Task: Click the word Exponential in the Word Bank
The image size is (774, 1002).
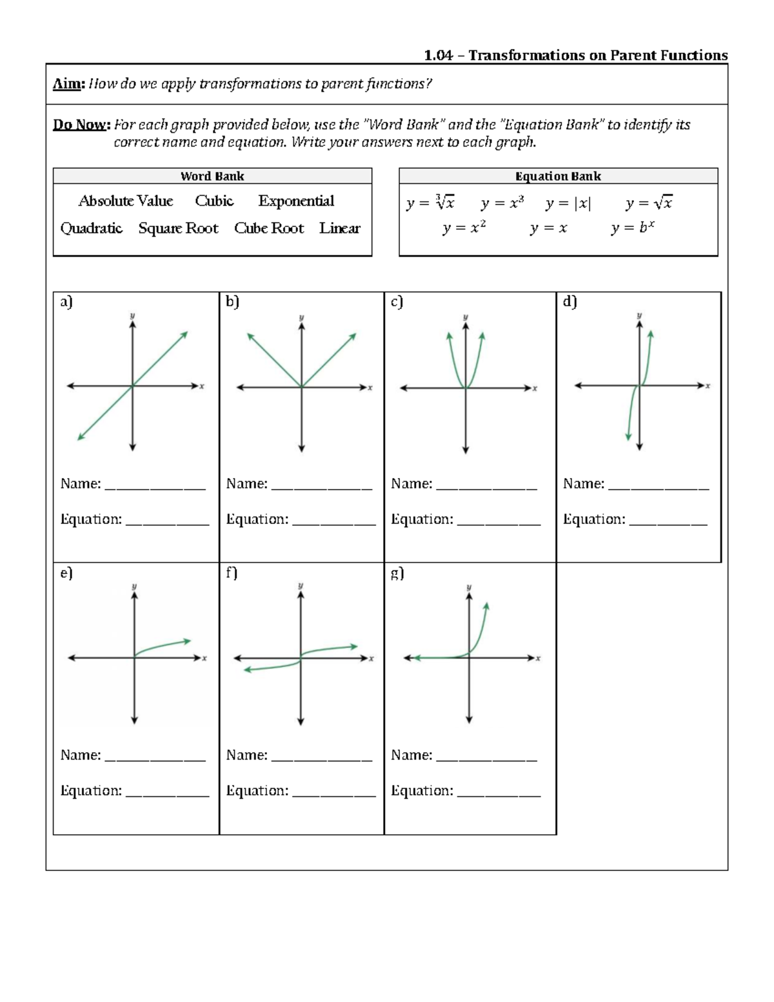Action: pyautogui.click(x=296, y=201)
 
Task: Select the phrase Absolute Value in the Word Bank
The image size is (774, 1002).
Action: pyautogui.click(x=126, y=201)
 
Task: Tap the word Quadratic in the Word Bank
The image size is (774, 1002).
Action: pyautogui.click(x=91, y=228)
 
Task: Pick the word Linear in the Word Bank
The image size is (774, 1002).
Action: pyautogui.click(x=339, y=228)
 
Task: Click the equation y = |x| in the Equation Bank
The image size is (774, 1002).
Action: pyautogui.click(x=568, y=204)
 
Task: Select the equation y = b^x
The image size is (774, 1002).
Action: pyautogui.click(x=632, y=228)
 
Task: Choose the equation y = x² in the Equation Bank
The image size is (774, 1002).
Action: pyautogui.click(x=464, y=228)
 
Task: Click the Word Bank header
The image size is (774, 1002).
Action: pyautogui.click(x=212, y=176)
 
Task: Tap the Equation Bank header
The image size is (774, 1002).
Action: pyautogui.click(x=558, y=176)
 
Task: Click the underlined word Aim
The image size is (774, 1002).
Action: pyautogui.click(x=68, y=84)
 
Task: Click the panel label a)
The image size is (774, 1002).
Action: pyautogui.click(x=66, y=302)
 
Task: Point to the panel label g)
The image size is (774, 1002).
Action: pyautogui.click(x=397, y=573)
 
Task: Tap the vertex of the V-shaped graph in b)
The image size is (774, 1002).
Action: pyautogui.click(x=302, y=387)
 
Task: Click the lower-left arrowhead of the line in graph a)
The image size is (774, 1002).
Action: pyautogui.click(x=80, y=438)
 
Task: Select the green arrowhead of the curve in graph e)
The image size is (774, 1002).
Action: pyautogui.click(x=188, y=641)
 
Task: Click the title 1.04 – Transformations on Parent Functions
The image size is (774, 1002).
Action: pyautogui.click(x=575, y=55)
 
